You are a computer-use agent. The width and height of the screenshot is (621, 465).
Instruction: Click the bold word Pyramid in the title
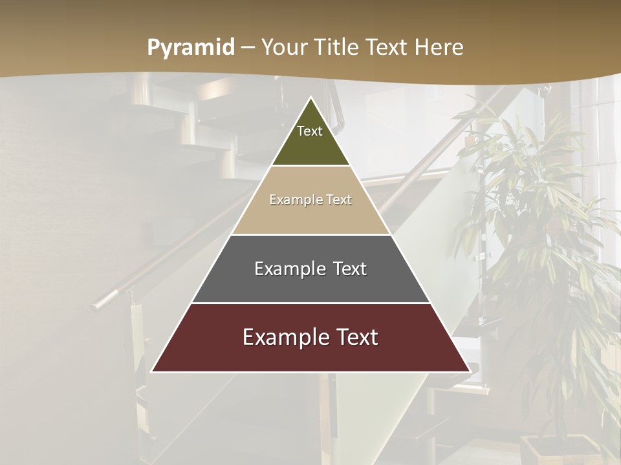(x=190, y=48)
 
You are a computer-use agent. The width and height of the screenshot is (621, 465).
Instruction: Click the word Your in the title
(x=283, y=47)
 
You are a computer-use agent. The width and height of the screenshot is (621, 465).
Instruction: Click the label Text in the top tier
(x=310, y=131)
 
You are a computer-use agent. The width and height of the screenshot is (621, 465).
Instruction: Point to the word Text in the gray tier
(x=350, y=269)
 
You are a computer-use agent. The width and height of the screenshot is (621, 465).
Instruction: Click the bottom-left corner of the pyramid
(x=152, y=371)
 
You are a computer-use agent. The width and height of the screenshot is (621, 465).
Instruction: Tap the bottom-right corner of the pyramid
(x=470, y=371)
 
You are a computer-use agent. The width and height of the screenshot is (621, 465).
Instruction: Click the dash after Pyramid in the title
(x=247, y=48)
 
